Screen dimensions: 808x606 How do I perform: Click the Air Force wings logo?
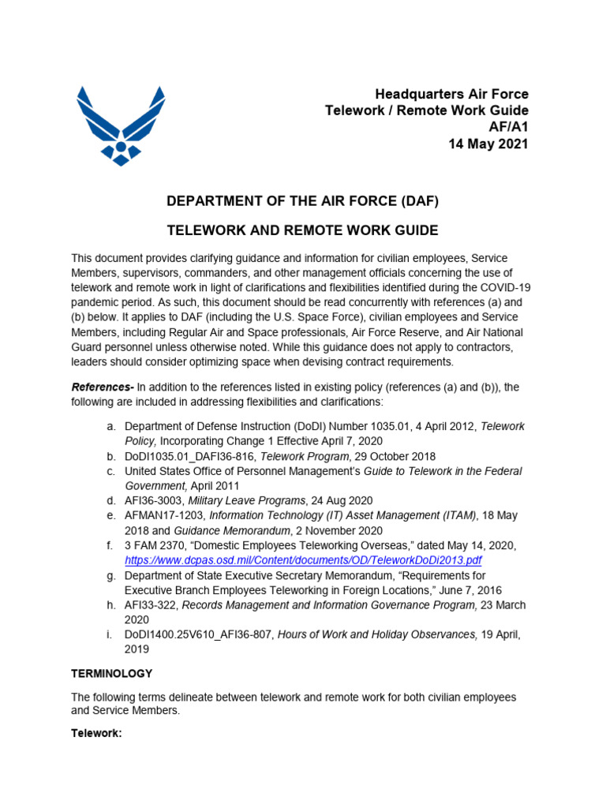pos(121,125)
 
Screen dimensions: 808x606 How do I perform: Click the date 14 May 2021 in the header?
pos(487,144)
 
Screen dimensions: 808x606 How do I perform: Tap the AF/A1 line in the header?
pos(509,127)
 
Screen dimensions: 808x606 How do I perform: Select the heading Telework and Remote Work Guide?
pos(301,230)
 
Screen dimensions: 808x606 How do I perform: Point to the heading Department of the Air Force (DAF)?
pos(302,201)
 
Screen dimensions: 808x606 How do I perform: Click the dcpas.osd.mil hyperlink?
pos(303,560)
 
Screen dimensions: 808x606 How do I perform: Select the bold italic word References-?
pos(103,387)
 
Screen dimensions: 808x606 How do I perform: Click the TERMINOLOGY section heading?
pos(112,674)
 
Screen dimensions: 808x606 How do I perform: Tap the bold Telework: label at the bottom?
pos(96,733)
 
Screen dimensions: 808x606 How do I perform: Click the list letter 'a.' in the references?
pos(113,426)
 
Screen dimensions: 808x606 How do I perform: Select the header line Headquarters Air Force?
pos(451,95)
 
